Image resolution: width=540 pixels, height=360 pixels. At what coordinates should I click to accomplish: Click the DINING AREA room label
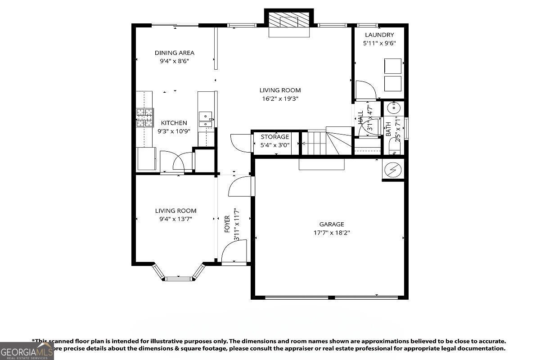(x=174, y=53)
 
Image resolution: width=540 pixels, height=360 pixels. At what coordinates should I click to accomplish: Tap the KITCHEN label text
(x=174, y=123)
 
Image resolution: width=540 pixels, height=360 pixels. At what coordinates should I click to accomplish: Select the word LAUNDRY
(x=379, y=35)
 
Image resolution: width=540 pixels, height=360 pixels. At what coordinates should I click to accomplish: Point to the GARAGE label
(x=332, y=224)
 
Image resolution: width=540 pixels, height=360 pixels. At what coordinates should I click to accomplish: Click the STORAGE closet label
(x=274, y=137)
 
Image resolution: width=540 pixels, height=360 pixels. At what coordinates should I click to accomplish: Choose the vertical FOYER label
(x=227, y=224)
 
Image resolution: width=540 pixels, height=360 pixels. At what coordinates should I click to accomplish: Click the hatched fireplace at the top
(x=289, y=21)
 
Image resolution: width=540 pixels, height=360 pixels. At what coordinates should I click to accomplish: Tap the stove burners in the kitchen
(x=144, y=117)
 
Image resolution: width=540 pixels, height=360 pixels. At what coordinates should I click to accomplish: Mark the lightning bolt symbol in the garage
(x=392, y=170)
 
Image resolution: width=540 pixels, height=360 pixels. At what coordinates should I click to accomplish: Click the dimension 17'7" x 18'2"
(x=332, y=233)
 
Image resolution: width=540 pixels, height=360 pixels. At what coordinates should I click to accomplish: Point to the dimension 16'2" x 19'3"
(x=280, y=99)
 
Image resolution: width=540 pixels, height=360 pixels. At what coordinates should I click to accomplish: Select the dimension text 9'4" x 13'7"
(x=175, y=219)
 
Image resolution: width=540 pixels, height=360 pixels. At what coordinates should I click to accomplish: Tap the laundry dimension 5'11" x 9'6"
(x=379, y=44)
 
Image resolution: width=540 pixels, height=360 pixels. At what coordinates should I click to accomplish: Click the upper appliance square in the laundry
(x=392, y=66)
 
